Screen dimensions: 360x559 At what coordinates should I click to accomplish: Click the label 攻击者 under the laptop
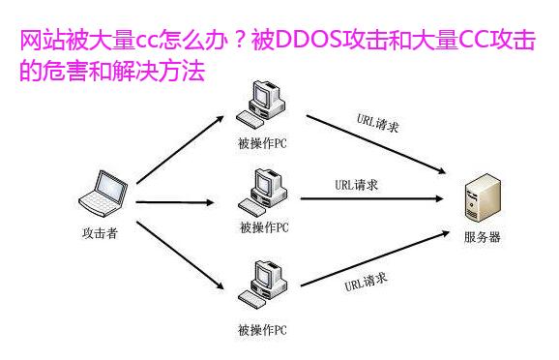100,232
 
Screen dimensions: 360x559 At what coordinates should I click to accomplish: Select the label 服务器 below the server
483,238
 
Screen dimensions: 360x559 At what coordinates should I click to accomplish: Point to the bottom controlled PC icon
261,283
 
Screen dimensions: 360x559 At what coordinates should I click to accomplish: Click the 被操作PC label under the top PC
262,144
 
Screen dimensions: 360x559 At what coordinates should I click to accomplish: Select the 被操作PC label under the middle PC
263,228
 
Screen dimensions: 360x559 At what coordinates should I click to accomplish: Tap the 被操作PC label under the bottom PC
262,330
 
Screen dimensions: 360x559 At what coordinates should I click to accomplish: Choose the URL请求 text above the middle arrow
356,185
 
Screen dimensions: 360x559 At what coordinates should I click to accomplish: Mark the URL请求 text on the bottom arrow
368,283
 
